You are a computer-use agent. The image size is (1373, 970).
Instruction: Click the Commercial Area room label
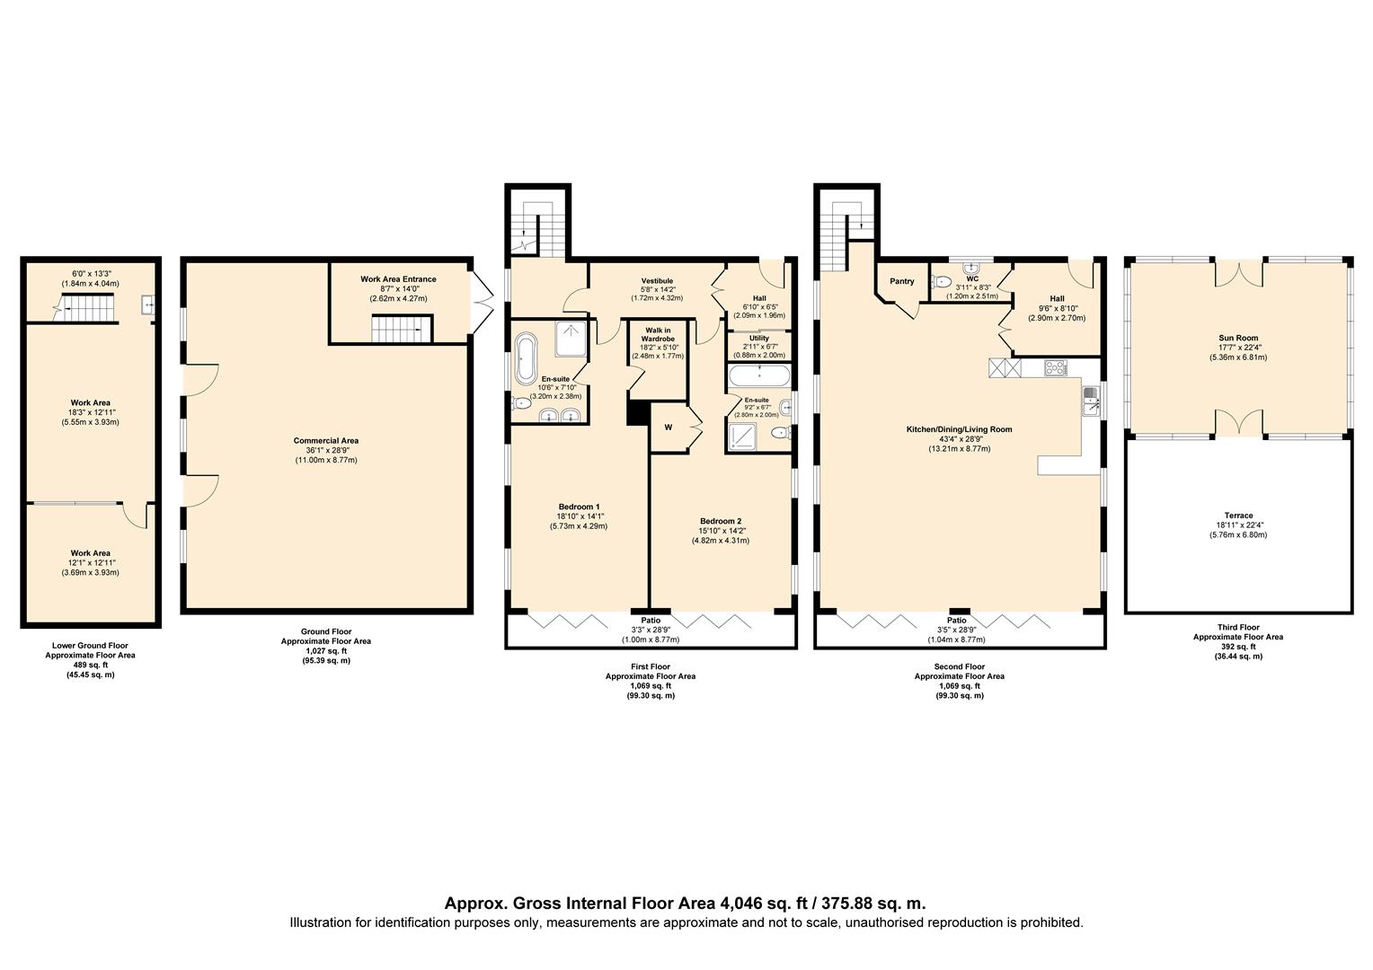pos(326,440)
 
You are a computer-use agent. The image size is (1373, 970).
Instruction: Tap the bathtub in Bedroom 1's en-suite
pos(526,358)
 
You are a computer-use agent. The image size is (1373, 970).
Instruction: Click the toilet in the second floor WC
pos(941,281)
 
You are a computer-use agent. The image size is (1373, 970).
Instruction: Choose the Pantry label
pos(901,281)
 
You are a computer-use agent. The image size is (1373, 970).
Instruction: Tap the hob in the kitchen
pos(1056,367)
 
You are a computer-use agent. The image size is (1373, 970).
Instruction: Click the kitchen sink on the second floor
pos(1091,401)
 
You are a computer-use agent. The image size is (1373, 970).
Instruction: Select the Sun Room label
pos(1238,339)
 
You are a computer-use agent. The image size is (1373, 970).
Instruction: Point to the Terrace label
pos(1238,516)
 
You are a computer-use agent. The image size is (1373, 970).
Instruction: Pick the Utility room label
pos(759,339)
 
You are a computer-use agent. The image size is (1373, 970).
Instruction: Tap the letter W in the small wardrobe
pos(668,428)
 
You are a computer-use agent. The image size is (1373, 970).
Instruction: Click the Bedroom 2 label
pos(719,521)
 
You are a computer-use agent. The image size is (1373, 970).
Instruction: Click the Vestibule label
pos(657,281)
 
